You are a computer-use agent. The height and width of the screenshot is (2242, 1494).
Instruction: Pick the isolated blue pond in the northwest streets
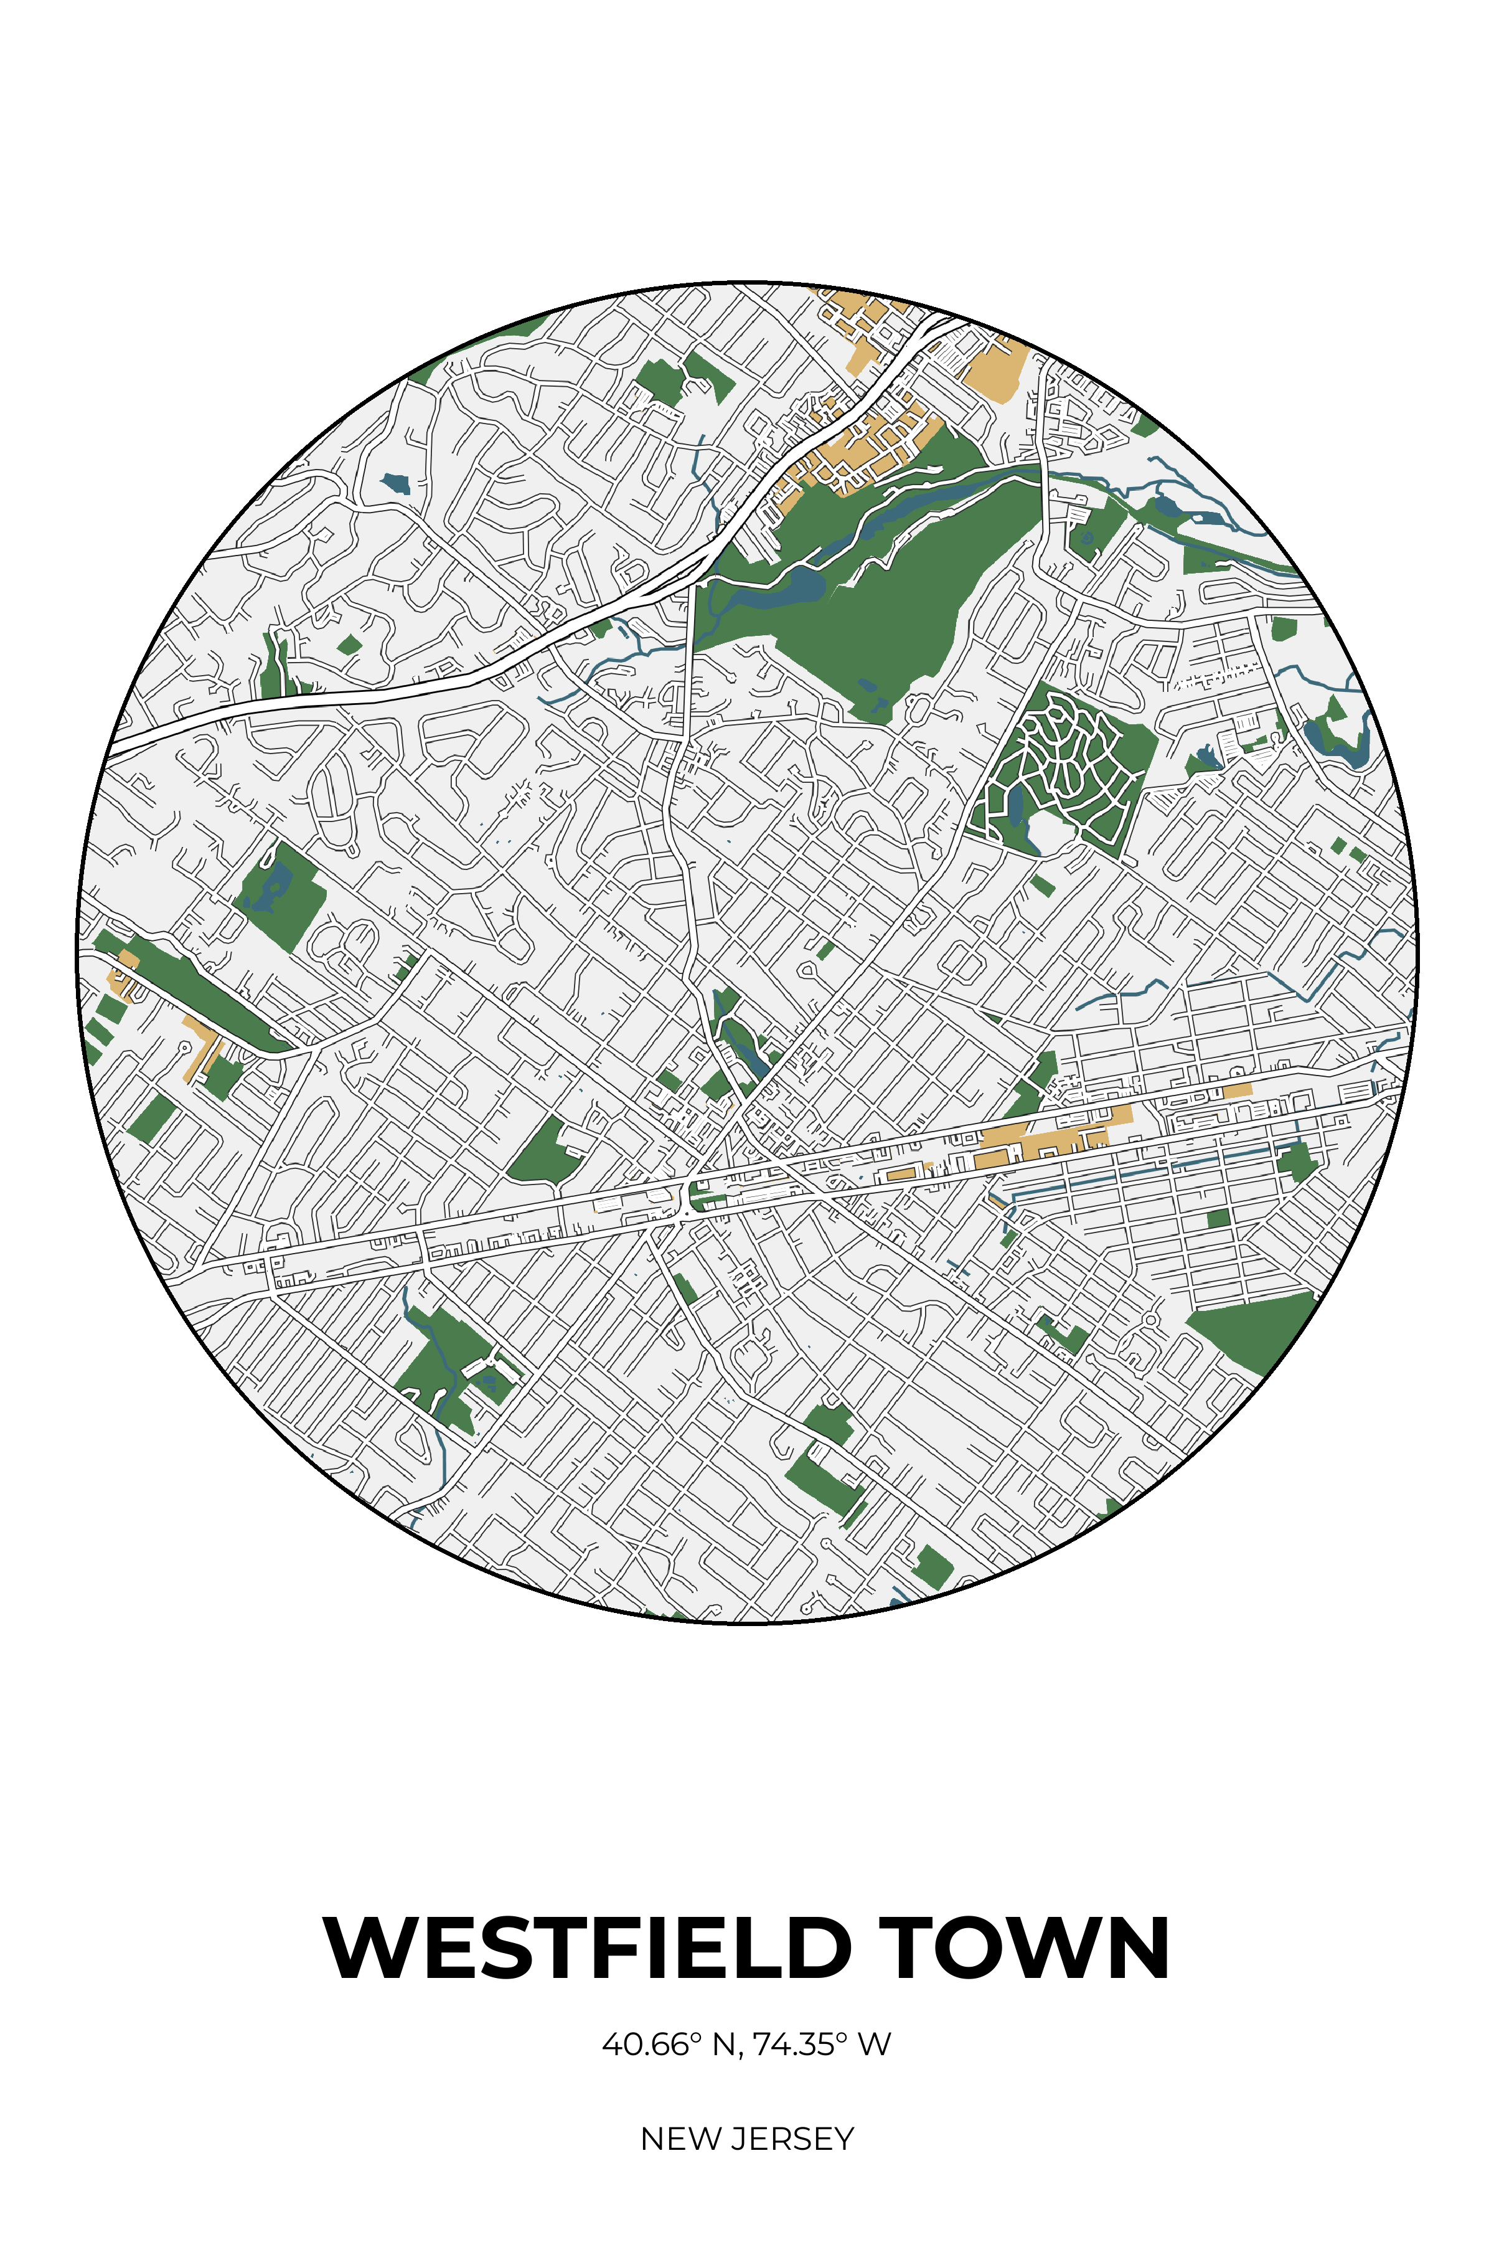tap(395, 483)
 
